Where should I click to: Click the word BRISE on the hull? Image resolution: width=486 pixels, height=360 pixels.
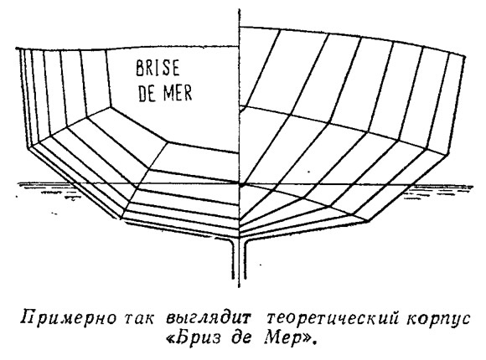(x=158, y=69)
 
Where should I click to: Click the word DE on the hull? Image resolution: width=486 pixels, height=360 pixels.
(x=147, y=93)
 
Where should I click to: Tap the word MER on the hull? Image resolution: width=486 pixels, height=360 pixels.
(x=178, y=92)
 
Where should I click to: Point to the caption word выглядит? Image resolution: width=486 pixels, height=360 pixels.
(x=208, y=319)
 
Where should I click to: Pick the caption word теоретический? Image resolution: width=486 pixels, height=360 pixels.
(x=332, y=319)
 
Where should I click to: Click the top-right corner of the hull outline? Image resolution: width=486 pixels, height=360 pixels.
(x=465, y=56)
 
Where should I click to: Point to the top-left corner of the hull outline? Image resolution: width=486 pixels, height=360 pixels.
(x=18, y=49)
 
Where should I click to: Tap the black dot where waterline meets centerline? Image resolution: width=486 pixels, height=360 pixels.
(x=240, y=185)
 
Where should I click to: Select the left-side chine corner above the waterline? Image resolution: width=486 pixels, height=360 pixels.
(x=28, y=148)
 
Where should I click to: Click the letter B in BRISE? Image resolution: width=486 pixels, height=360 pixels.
(x=140, y=69)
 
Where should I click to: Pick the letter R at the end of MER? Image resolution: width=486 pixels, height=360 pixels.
(x=188, y=92)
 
